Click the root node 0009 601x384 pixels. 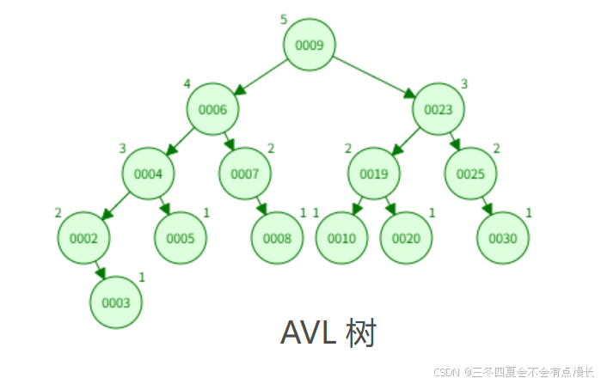pyautogui.click(x=310, y=45)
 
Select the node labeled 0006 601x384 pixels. pyautogui.click(x=212, y=109)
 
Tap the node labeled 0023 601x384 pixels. pyautogui.click(x=438, y=109)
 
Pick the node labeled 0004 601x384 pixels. pyautogui.click(x=148, y=174)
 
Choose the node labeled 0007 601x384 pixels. pyautogui.click(x=245, y=174)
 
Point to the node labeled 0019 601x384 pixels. pyautogui.click(x=374, y=174)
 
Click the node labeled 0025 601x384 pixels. pyautogui.click(x=471, y=174)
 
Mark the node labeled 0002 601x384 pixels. pyautogui.click(x=83, y=238)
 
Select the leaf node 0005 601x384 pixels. pyautogui.click(x=181, y=238)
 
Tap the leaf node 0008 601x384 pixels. pyautogui.click(x=277, y=238)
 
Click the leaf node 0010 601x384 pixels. pyautogui.click(x=341, y=238)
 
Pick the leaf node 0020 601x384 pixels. pyautogui.click(x=406, y=238)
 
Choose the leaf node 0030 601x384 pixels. pyautogui.click(x=503, y=238)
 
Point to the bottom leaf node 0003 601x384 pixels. pyautogui.click(x=116, y=302)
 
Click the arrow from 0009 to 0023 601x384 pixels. pyautogui.click(x=374, y=76)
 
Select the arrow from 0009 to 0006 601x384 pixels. pyautogui.click(x=261, y=76)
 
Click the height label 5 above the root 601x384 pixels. pyautogui.click(x=284, y=19)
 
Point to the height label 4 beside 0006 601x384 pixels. pyautogui.click(x=187, y=83)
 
